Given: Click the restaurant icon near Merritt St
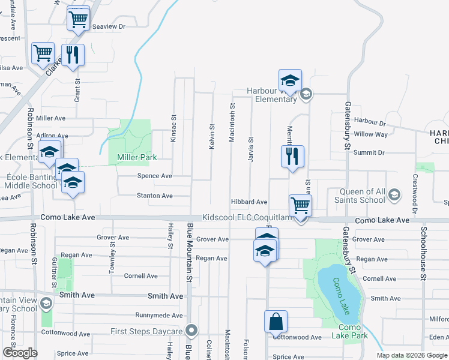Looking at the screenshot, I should coord(292,157).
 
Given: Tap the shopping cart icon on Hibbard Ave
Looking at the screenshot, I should coord(300,205).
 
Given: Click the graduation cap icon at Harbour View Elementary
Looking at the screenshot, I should coord(290,80).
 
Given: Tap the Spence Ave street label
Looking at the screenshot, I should coord(155,176).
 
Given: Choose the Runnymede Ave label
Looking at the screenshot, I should coord(157,315).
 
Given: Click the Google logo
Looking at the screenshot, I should coord(20,352).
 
